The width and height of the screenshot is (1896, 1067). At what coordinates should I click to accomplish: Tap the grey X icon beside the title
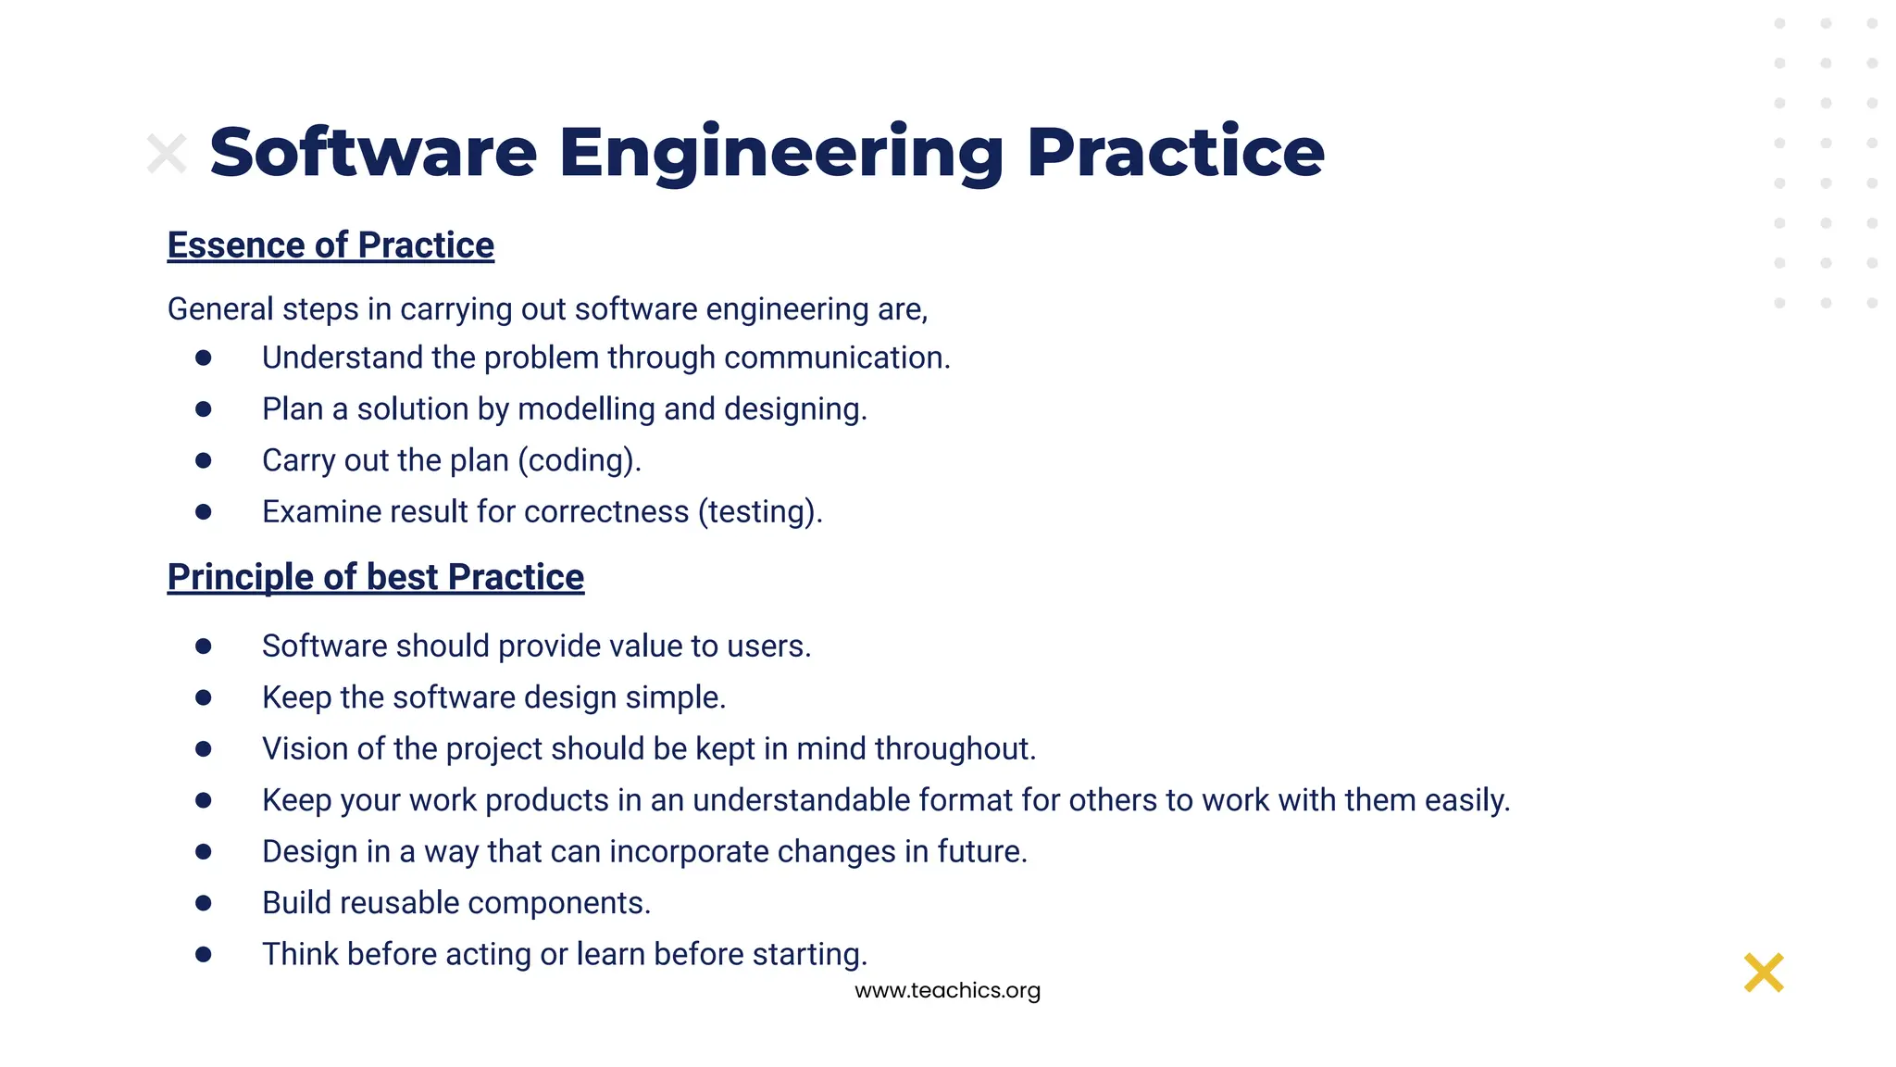coord(167,154)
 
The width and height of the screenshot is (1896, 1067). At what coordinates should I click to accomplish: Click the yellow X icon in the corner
coord(1763,973)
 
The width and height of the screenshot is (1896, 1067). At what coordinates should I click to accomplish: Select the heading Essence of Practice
coord(331,245)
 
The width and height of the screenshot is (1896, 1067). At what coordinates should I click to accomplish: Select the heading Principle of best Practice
coord(375,577)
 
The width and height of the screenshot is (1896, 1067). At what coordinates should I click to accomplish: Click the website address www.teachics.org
coord(947,990)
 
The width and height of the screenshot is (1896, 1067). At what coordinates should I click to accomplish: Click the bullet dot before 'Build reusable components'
coord(204,902)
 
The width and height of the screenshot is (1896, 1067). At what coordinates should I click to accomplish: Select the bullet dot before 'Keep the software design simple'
coord(204,697)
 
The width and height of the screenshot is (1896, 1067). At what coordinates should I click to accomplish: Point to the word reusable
coord(401,902)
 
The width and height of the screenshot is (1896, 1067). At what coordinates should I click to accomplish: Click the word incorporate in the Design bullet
coord(689,851)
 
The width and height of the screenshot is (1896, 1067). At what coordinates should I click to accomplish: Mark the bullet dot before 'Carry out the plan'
coord(204,460)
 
